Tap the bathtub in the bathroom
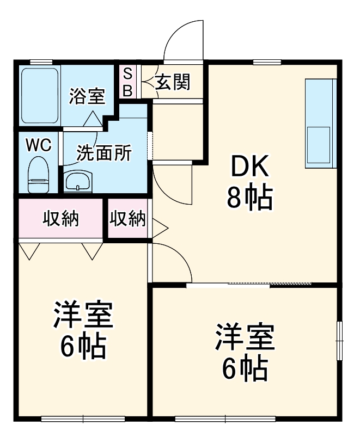[39, 96]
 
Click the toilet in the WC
[39, 174]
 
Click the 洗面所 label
[103, 153]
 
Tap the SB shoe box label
[127, 82]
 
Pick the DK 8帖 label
[250, 183]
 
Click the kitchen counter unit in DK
[321, 123]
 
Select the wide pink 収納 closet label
[61, 219]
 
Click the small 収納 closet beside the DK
[128, 219]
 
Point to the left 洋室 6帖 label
[83, 330]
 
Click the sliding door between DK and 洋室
[249, 284]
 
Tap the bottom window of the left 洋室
[83, 419]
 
